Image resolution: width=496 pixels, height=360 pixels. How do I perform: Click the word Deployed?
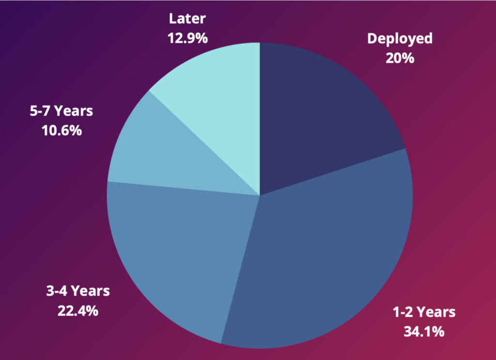pos(400,39)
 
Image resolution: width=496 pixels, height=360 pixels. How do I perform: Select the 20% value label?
pos(400,58)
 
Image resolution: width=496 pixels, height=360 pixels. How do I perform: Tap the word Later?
pos(187,19)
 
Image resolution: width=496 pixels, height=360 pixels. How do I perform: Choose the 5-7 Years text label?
pos(61,111)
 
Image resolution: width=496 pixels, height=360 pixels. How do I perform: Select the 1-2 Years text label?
pos(424,312)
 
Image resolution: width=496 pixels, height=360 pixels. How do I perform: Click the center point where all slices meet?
pos(260,195)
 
